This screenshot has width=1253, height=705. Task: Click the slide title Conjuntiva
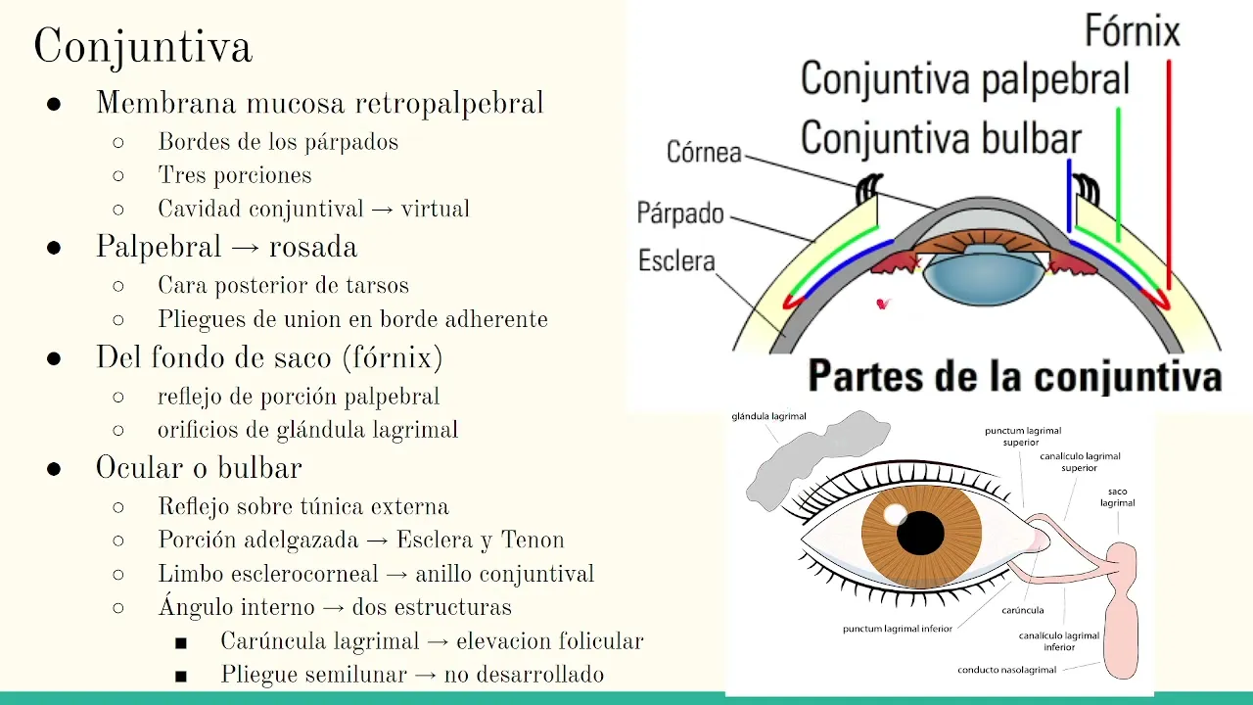pyautogui.click(x=143, y=47)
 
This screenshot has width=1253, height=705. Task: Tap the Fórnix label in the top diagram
pyautogui.click(x=1133, y=32)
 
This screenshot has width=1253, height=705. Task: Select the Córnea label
pyautogui.click(x=704, y=153)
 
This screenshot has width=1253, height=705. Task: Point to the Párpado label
pyautogui.click(x=680, y=212)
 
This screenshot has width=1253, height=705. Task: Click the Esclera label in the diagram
pyautogui.click(x=676, y=261)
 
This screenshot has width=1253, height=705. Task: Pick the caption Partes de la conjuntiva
pyautogui.click(x=1014, y=377)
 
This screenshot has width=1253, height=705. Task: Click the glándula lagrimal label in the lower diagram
pyautogui.click(x=769, y=416)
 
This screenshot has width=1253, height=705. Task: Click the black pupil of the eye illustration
pyautogui.click(x=920, y=534)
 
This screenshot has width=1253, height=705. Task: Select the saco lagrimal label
pyautogui.click(x=1117, y=496)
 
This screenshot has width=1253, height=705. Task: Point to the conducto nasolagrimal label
pyautogui.click(x=1007, y=671)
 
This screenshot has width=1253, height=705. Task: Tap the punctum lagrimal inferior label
pyautogui.click(x=898, y=629)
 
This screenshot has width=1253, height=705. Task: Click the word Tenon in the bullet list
pyautogui.click(x=533, y=540)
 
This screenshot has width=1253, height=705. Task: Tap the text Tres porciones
pyautogui.click(x=235, y=175)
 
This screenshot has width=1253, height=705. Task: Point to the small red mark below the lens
pyautogui.click(x=884, y=305)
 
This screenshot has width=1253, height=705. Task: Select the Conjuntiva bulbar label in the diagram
pyautogui.click(x=941, y=139)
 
